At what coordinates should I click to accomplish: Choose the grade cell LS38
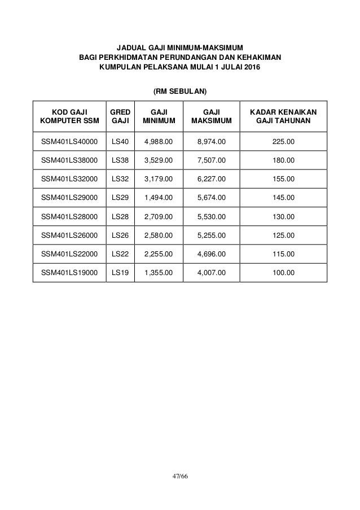coord(120,161)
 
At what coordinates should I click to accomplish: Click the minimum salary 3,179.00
coord(159,180)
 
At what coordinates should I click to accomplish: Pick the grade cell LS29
coord(120,198)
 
